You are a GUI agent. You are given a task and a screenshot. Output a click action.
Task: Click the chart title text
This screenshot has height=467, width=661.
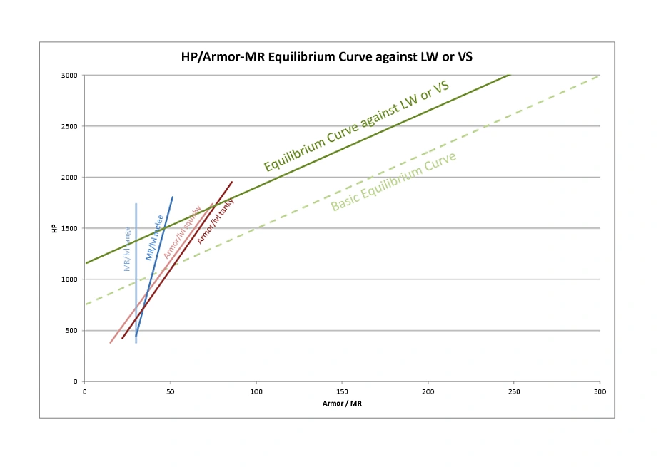[326, 57]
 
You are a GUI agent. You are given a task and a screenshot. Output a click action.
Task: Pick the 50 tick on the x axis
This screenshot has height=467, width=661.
[170, 391]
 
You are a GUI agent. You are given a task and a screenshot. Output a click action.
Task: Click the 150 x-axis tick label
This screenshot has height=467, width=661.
[342, 391]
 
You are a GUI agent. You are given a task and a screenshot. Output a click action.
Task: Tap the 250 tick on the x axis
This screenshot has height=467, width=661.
[514, 391]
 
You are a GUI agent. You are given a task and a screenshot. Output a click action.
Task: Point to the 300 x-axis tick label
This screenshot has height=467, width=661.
[600, 391]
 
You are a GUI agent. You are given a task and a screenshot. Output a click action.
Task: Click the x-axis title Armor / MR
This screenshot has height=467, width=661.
[342, 404]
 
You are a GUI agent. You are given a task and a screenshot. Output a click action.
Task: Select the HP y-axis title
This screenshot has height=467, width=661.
[54, 228]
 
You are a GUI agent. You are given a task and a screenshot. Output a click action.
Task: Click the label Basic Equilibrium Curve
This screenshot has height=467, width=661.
[394, 182]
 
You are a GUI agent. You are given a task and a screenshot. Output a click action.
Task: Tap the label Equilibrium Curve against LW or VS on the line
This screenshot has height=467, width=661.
[356, 126]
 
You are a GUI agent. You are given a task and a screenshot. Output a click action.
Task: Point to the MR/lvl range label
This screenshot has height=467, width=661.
[127, 249]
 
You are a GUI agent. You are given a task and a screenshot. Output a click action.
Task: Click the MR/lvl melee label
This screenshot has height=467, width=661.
[155, 237]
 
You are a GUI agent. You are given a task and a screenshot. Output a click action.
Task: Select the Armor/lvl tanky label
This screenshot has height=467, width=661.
[216, 221]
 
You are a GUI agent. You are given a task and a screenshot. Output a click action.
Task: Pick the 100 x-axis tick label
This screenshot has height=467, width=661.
[256, 391]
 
